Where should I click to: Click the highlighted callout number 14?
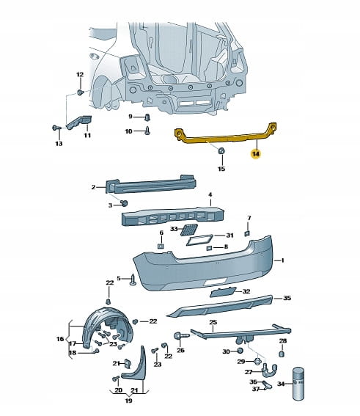[256, 153]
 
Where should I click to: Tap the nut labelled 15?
[221, 150]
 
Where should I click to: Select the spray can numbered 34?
[298, 384]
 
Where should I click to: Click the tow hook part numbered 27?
[269, 370]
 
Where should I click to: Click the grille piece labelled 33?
[188, 229]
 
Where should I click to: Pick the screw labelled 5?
[133, 280]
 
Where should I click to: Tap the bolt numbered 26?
[181, 336]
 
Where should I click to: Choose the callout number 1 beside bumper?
[282, 260]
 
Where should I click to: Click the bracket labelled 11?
[78, 122]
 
